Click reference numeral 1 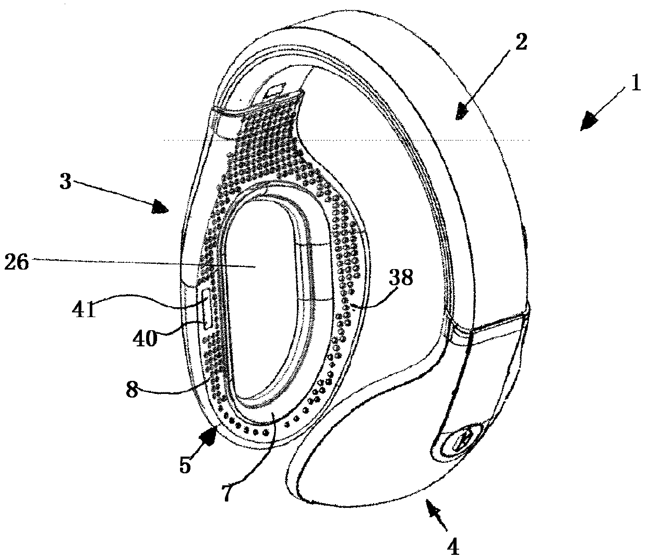point(635,83)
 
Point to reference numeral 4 point(453,546)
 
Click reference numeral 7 point(225,493)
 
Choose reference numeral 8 point(134,389)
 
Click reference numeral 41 point(84,310)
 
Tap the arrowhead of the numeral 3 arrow point(162,208)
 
